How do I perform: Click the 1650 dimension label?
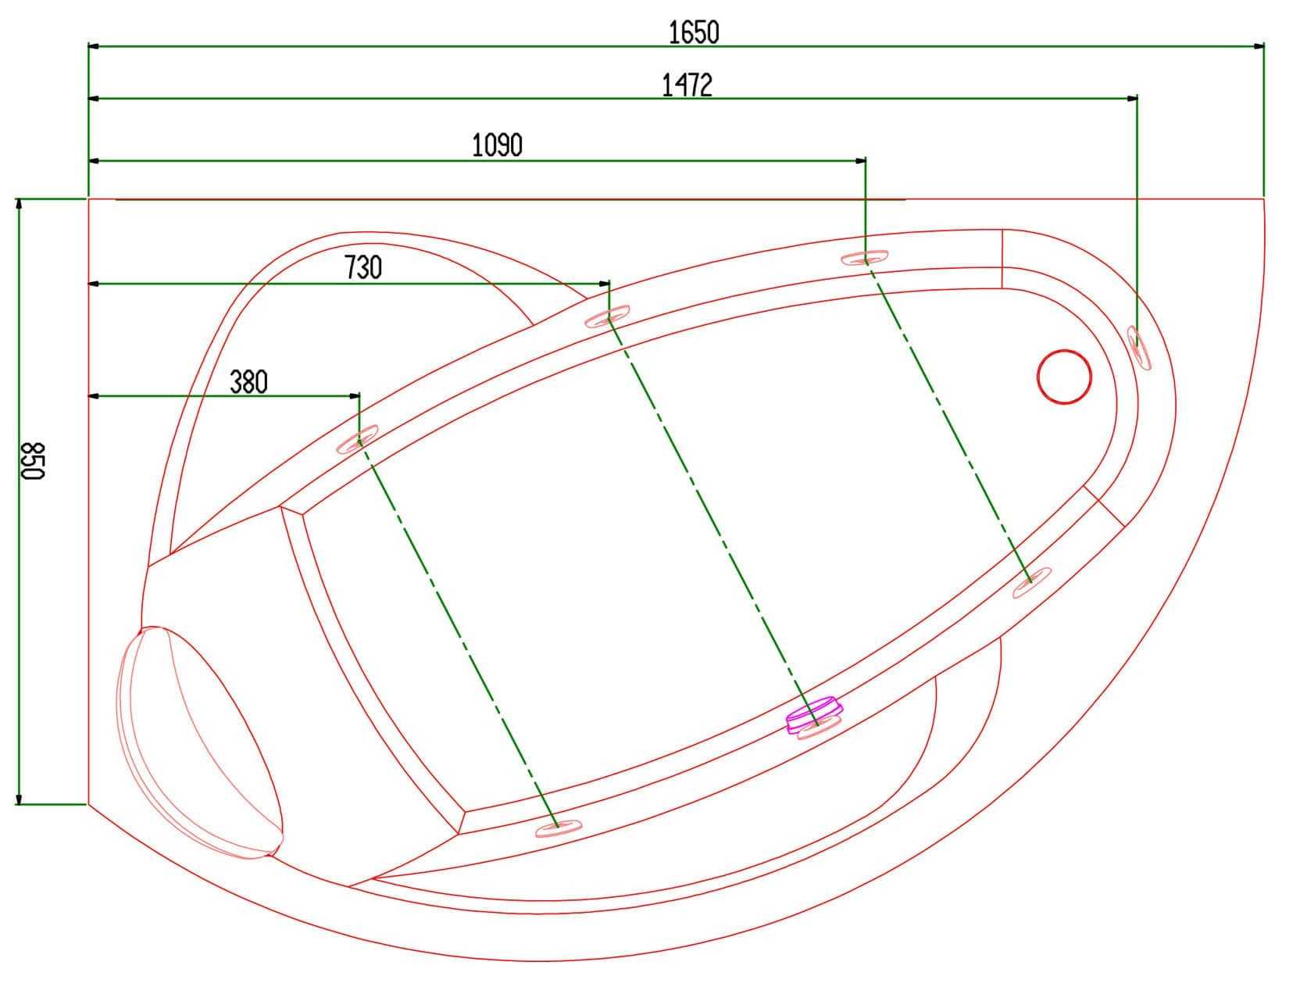(694, 33)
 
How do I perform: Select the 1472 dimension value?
(687, 85)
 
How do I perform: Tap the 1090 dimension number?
(497, 145)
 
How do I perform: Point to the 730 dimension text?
(362, 267)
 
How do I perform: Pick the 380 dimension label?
(248, 383)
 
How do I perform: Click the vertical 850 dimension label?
(33, 460)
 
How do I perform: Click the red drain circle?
(1064, 377)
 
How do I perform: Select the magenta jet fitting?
(814, 715)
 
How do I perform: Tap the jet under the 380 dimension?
(357, 439)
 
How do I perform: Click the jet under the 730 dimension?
(607, 316)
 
